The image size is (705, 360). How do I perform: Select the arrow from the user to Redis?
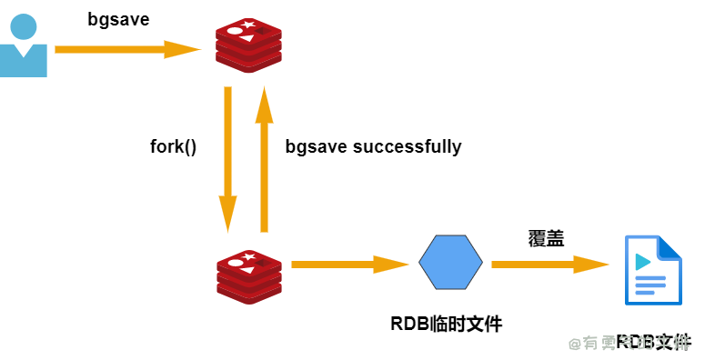tap(127, 49)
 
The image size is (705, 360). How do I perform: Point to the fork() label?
tap(173, 146)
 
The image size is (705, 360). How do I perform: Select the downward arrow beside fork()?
tap(227, 159)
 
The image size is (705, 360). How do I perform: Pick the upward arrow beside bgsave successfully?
tap(265, 159)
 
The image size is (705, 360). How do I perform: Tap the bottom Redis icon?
tap(249, 278)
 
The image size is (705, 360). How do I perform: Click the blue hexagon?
tap(451, 263)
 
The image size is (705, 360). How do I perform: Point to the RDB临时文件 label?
tap(446, 324)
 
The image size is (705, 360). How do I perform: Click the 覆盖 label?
tap(546, 239)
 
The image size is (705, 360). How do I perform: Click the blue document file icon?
tap(652, 270)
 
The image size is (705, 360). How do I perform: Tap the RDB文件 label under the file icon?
tap(653, 343)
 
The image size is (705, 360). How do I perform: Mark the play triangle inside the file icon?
tap(643, 262)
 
